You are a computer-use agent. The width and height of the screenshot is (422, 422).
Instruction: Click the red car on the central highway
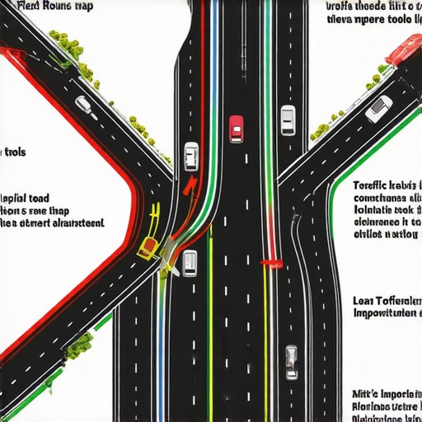point(237,128)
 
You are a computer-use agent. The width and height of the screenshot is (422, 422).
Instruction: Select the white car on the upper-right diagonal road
point(378,109)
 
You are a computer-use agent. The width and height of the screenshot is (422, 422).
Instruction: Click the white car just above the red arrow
point(191,155)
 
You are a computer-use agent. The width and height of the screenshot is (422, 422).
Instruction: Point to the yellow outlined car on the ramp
point(148,245)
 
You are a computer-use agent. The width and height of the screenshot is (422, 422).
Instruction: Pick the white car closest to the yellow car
point(190,261)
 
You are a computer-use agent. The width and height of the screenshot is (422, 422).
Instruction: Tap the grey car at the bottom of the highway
point(292,361)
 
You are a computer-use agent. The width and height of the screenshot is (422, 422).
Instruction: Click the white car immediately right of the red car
point(287,120)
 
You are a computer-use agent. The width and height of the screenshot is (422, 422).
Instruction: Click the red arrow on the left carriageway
point(190,184)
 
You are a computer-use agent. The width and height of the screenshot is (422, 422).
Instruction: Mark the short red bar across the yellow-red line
point(271,264)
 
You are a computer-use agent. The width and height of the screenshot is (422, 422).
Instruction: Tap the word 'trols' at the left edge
point(16,152)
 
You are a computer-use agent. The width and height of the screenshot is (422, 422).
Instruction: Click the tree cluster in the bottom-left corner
point(81,345)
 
